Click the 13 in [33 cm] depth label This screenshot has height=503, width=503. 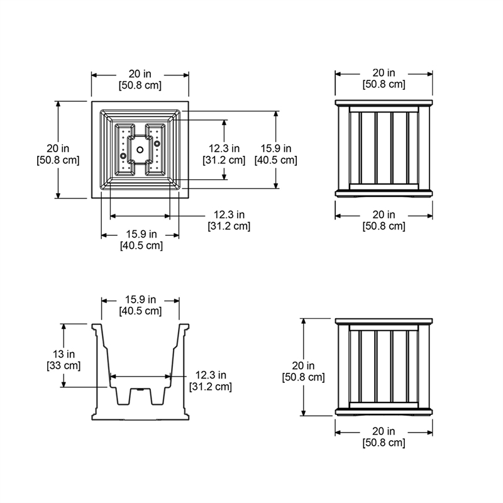coord(63,360)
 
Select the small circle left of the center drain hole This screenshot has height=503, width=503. coord(123,154)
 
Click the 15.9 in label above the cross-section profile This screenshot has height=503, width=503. coord(140,305)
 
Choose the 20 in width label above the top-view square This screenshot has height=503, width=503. coord(140,79)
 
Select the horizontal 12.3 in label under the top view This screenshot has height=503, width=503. coord(228,220)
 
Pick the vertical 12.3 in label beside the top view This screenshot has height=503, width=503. coord(224,154)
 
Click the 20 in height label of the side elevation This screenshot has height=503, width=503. coord(303,371)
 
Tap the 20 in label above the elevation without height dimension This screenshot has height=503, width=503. coord(384,79)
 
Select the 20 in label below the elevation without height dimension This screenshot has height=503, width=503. coord(384,220)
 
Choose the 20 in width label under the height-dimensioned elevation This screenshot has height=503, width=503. coord(384,436)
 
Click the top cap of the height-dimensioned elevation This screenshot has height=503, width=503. coord(384,322)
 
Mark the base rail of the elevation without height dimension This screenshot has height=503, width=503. coord(384,191)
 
